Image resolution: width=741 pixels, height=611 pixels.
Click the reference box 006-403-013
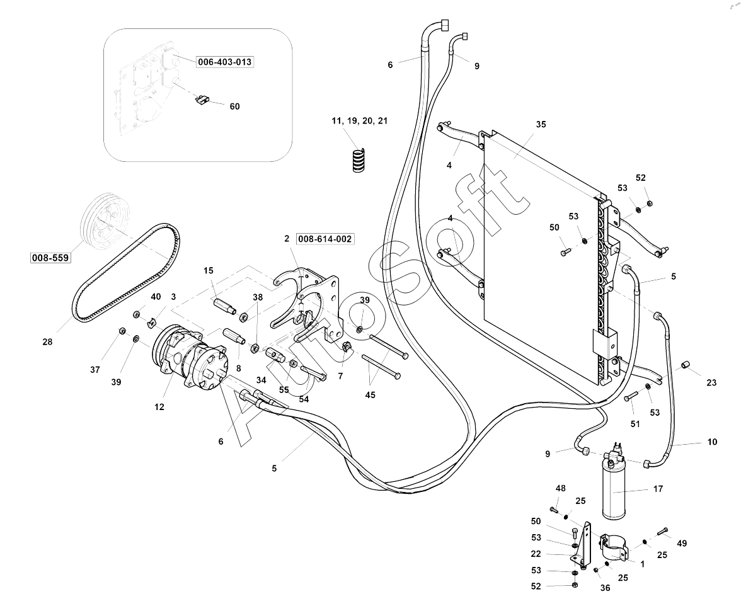pyautogui.click(x=225, y=62)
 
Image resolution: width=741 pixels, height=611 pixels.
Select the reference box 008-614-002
pyautogui.click(x=325, y=239)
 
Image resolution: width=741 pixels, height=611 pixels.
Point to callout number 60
pyautogui.click(x=234, y=106)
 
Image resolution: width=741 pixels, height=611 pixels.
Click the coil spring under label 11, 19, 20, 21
pyautogui.click(x=359, y=159)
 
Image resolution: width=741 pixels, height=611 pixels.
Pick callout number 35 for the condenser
pyautogui.click(x=541, y=125)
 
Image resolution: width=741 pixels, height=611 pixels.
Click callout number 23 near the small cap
pyautogui.click(x=711, y=382)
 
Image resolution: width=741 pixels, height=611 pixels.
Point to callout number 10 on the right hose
pyautogui.click(x=712, y=442)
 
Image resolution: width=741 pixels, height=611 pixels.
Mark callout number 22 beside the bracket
pyautogui.click(x=536, y=554)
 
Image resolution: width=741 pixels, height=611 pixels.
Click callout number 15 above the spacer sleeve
pyautogui.click(x=209, y=270)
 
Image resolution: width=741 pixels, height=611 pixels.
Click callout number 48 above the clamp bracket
pyautogui.click(x=560, y=488)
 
